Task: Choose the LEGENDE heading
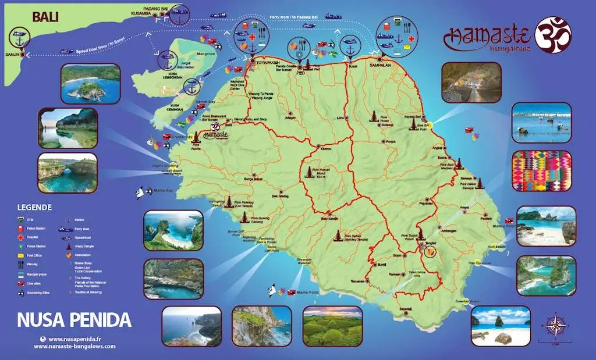coord(35,207)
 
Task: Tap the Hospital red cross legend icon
coord(21,238)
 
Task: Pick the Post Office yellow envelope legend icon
coord(21,255)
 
